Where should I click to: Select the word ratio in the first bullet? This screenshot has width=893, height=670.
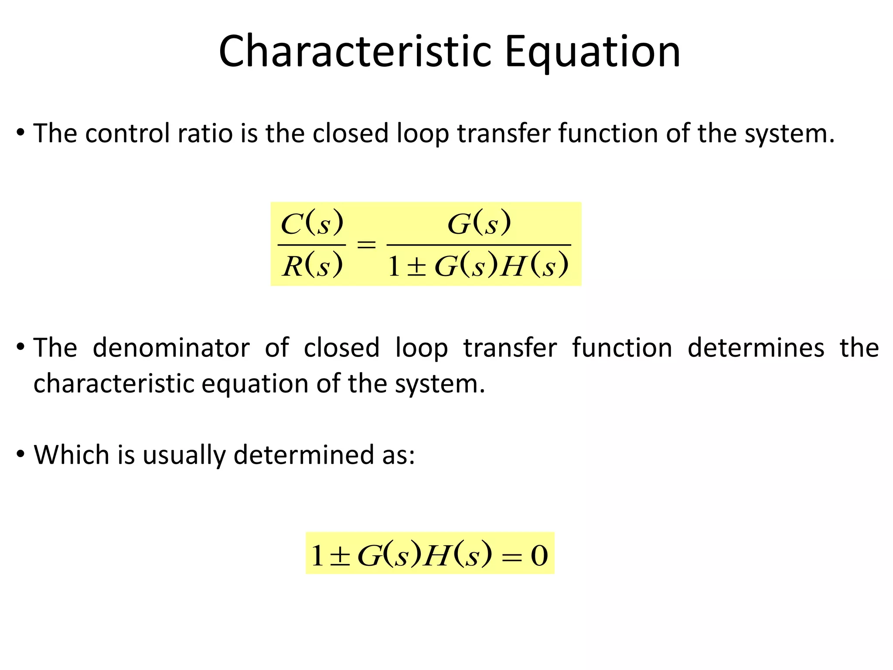pyautogui.click(x=205, y=133)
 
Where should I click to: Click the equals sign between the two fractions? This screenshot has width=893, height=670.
pyautogui.click(x=366, y=244)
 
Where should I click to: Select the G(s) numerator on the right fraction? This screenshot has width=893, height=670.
pyautogui.click(x=479, y=223)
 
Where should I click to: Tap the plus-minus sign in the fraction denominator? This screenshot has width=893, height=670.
pyautogui.click(x=416, y=267)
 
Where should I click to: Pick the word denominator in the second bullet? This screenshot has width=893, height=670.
pyautogui.click(x=171, y=348)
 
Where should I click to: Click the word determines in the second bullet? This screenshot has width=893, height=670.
pyautogui.click(x=756, y=348)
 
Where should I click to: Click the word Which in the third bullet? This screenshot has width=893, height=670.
pyautogui.click(x=72, y=455)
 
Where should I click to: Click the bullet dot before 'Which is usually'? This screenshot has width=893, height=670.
pyautogui.click(x=20, y=454)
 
